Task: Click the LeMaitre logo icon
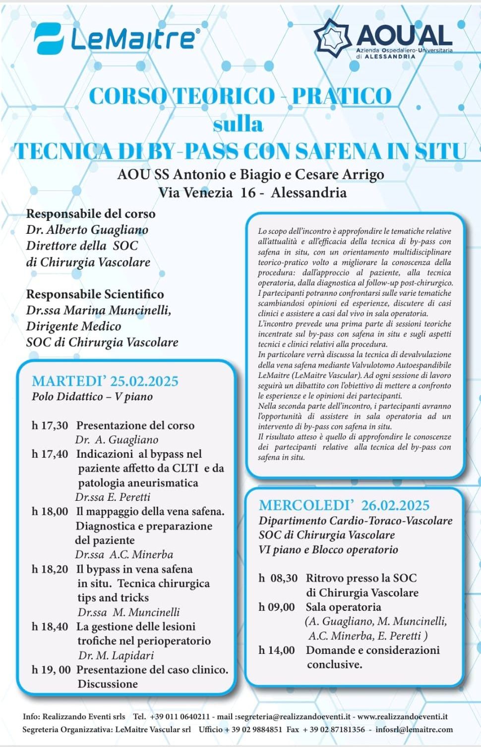click(49, 38)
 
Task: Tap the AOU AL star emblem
click(333, 38)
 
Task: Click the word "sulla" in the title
click(238, 124)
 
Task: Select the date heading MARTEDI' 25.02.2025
click(105, 381)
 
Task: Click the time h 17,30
click(50, 426)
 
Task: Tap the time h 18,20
click(50, 569)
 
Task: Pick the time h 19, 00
click(51, 670)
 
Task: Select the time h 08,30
click(278, 578)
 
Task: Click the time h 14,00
click(277, 650)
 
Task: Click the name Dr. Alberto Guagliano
click(87, 230)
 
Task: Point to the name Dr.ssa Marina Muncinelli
click(99, 311)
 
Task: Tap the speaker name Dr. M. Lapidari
click(116, 655)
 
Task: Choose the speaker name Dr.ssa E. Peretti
click(113, 497)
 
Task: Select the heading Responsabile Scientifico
click(95, 294)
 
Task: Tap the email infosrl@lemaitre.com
click(414, 729)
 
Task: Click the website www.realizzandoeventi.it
click(403, 716)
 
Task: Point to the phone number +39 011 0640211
click(180, 716)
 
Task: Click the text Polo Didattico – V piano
click(92, 396)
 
